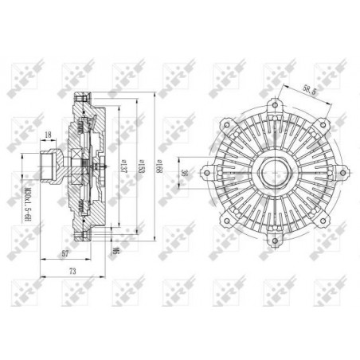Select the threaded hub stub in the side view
pos(49,168)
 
